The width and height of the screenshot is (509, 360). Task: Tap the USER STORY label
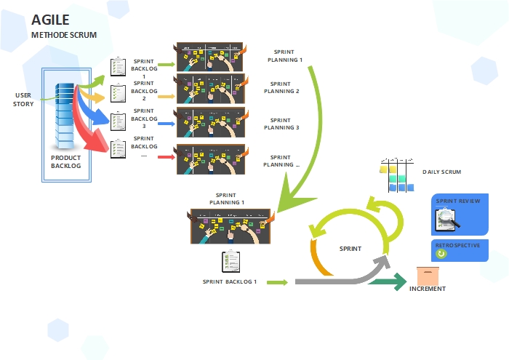point(23,99)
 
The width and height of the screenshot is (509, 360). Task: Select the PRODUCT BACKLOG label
point(65,161)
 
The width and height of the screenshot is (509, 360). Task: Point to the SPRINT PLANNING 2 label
point(281,88)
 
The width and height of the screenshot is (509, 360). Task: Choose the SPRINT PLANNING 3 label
point(281,124)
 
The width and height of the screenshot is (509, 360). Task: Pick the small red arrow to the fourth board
point(166,156)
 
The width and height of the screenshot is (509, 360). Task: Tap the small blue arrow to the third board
point(166,124)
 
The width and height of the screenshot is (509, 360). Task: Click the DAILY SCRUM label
point(441,172)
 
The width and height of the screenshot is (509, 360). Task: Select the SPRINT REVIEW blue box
point(460,214)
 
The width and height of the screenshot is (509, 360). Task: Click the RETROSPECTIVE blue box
point(460,250)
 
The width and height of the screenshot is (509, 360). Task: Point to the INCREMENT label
point(427,289)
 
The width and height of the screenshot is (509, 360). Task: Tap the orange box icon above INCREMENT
point(428,276)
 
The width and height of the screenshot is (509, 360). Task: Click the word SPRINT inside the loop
point(350,249)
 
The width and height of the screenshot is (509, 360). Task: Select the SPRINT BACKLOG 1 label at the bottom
point(230,281)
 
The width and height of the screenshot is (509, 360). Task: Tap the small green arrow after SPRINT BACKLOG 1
point(276,281)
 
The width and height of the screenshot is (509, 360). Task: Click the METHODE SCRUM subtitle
point(64,34)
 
